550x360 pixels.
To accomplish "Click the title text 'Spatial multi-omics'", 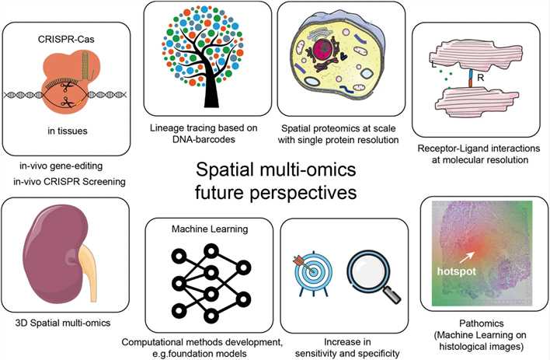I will pyautogui.click(x=275, y=170).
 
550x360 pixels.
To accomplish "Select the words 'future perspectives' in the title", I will pyautogui.click(x=275, y=190).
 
